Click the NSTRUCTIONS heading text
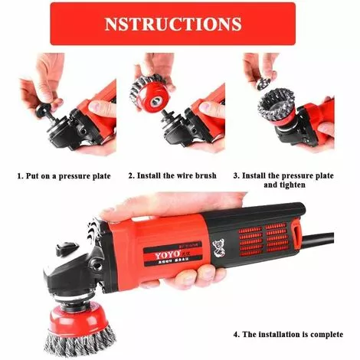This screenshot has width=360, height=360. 172,23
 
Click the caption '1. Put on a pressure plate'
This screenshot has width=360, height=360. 64,175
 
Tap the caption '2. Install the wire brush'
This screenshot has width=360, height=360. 172,175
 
